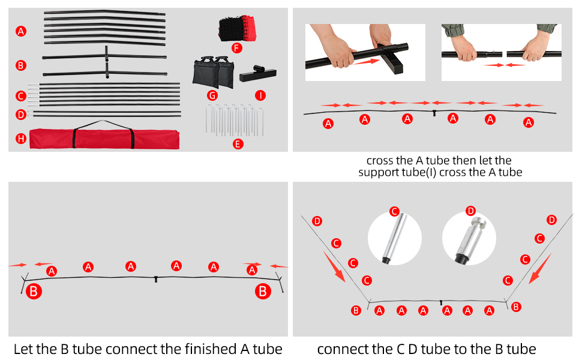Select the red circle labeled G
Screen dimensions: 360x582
coord(212,95)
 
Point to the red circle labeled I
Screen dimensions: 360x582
coord(260,95)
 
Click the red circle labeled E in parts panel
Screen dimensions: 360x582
coord(238,144)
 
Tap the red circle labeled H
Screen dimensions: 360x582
coord(21,139)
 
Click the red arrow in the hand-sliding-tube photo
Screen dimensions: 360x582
coord(366,61)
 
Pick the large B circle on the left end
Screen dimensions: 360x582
coord(34,292)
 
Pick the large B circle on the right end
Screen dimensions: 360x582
coord(263,292)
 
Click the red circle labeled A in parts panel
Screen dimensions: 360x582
coord(21,32)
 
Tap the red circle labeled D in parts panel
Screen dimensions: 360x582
coord(21,114)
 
